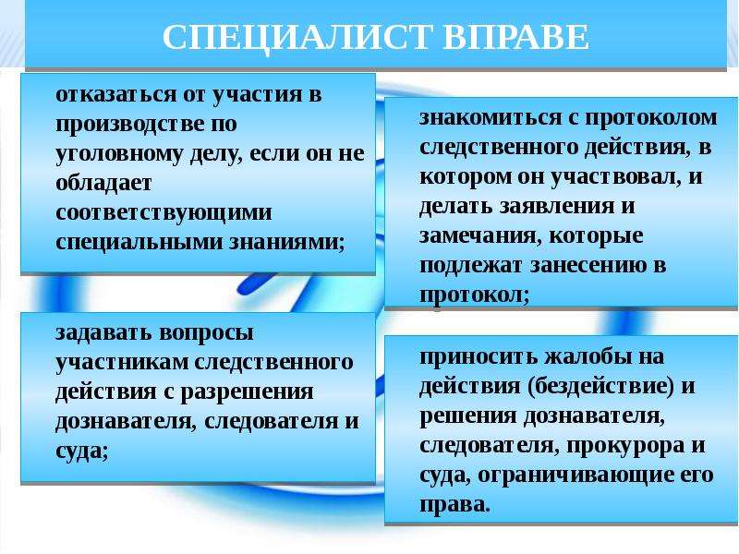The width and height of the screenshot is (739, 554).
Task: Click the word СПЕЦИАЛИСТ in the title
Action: [x=297, y=37]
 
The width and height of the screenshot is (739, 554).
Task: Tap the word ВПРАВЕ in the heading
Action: [x=516, y=37]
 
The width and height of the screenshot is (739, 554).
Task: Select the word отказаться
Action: [x=116, y=94]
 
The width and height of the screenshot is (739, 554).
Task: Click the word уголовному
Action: [x=119, y=154]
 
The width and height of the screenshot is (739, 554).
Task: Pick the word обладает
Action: [x=103, y=183]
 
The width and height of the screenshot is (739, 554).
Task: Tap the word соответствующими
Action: [x=164, y=213]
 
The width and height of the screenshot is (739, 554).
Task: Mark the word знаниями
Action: [x=286, y=242]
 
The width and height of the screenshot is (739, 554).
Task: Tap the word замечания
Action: [x=478, y=236]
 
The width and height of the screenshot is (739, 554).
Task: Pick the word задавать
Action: [x=103, y=333]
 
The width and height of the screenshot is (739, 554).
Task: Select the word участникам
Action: [x=122, y=363]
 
